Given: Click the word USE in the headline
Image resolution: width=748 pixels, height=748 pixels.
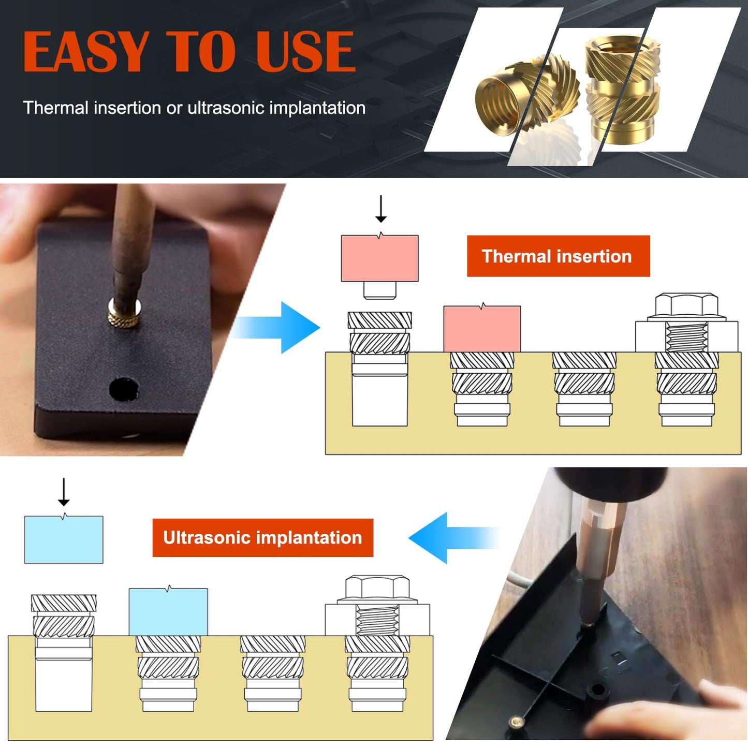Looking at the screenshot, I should (305, 52).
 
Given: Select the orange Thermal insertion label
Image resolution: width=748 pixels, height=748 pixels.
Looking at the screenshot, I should (558, 256).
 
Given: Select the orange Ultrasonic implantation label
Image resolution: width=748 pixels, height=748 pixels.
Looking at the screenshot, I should (262, 537).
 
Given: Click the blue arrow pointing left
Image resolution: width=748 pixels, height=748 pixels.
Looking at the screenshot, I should (445, 538).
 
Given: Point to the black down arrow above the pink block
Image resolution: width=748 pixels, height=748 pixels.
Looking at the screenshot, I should (381, 209).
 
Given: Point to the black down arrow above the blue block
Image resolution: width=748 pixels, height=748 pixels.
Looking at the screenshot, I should (64, 492).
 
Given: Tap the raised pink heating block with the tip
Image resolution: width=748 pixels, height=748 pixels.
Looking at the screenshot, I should (379, 259).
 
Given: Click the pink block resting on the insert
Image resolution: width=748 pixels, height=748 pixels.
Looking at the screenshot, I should (482, 329).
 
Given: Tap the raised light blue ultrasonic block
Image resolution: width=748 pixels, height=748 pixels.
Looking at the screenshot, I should (64, 539).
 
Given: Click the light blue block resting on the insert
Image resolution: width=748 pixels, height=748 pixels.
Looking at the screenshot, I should (168, 612).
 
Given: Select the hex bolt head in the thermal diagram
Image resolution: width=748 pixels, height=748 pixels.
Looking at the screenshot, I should (686, 305).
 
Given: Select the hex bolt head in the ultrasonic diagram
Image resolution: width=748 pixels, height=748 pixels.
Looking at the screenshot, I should (377, 588).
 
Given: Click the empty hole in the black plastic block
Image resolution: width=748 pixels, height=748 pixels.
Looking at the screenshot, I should (124, 389).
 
